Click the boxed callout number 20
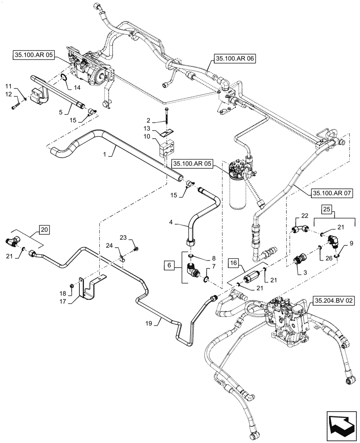45,229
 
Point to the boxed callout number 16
235,263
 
